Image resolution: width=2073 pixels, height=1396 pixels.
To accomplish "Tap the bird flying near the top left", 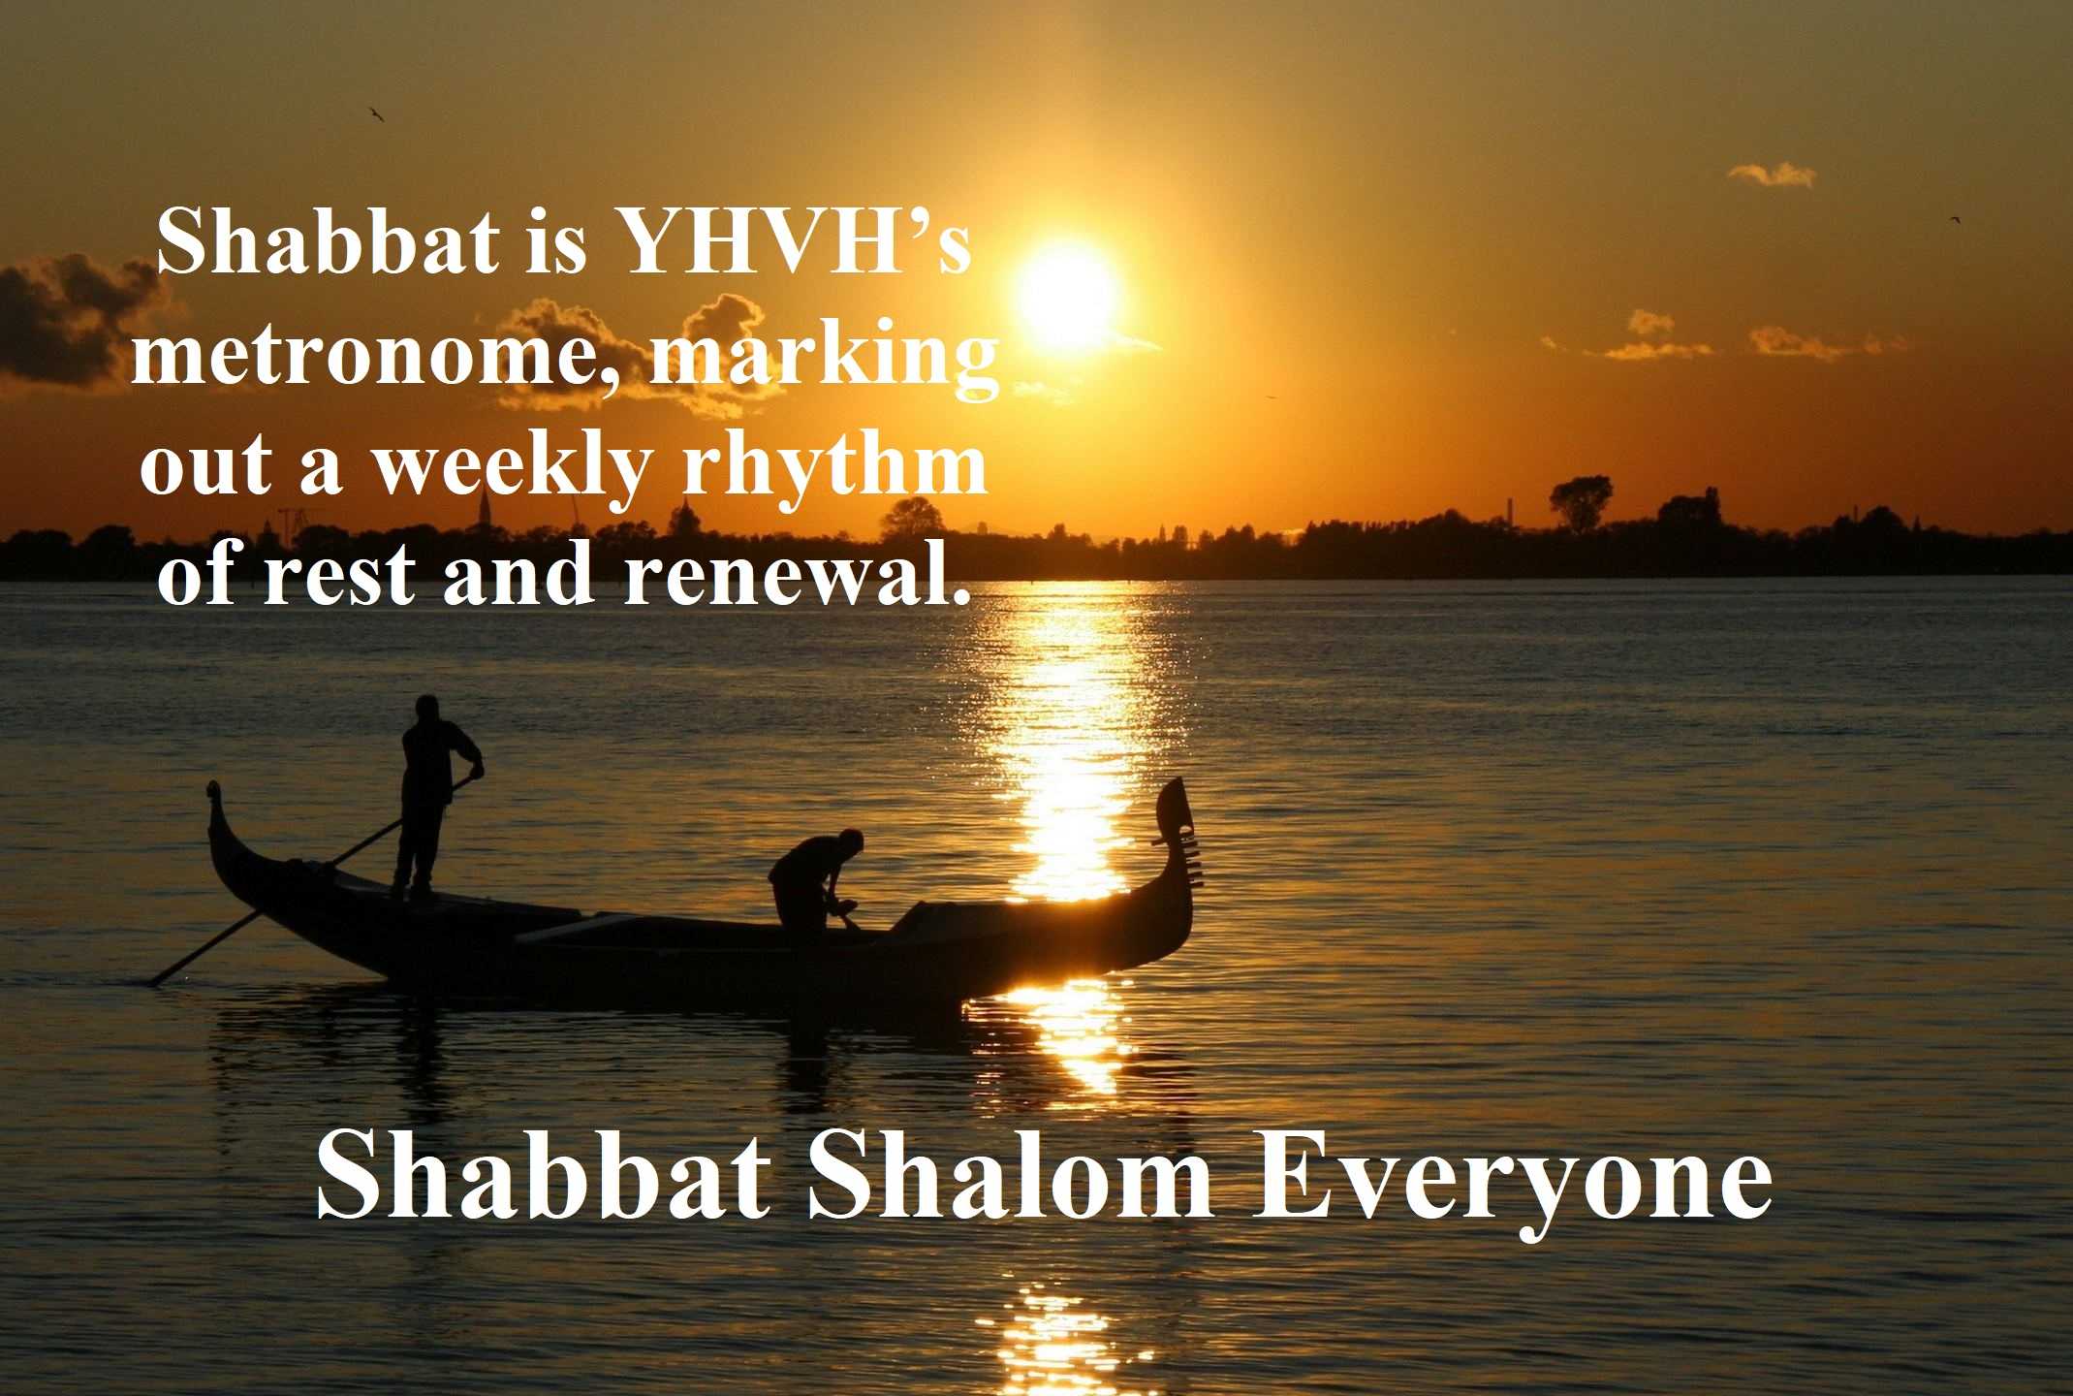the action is [x=376, y=114].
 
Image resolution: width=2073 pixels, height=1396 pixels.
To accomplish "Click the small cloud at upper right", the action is [x=1772, y=174].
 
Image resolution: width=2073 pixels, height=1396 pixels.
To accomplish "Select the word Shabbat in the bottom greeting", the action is [x=542, y=1177].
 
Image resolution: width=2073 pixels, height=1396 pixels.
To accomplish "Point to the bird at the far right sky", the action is [x=1956, y=220].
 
